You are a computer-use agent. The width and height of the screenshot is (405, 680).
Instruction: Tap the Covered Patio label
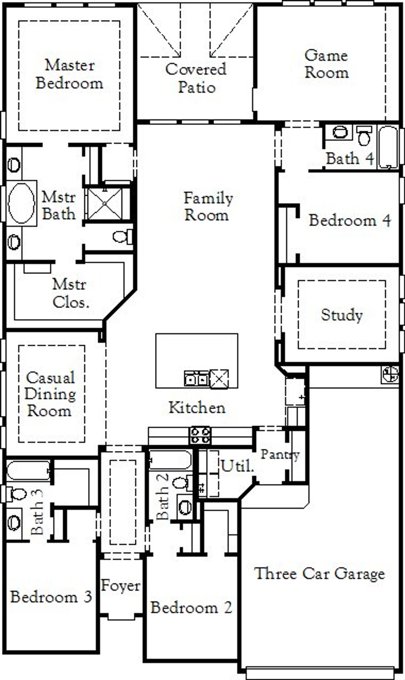click(196, 78)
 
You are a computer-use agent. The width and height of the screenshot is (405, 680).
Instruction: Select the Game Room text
click(327, 64)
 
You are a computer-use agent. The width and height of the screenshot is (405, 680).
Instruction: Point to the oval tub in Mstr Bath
click(21, 203)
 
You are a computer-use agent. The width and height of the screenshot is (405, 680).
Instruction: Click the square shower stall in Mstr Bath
click(105, 204)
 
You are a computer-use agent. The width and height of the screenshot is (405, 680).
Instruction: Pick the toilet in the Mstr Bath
click(122, 237)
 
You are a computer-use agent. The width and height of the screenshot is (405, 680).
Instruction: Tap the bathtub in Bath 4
click(388, 147)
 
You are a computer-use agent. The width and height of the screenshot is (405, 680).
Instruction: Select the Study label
click(342, 315)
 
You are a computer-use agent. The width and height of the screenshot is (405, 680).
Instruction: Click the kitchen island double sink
click(196, 378)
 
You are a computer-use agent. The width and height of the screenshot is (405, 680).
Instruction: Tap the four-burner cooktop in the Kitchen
click(200, 435)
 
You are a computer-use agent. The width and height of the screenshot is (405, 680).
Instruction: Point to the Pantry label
click(280, 455)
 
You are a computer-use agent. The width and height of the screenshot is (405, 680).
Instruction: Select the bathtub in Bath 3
click(28, 471)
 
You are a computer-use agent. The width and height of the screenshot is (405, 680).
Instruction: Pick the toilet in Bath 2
click(181, 483)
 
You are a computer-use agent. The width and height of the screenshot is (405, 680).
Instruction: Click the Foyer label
click(121, 586)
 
